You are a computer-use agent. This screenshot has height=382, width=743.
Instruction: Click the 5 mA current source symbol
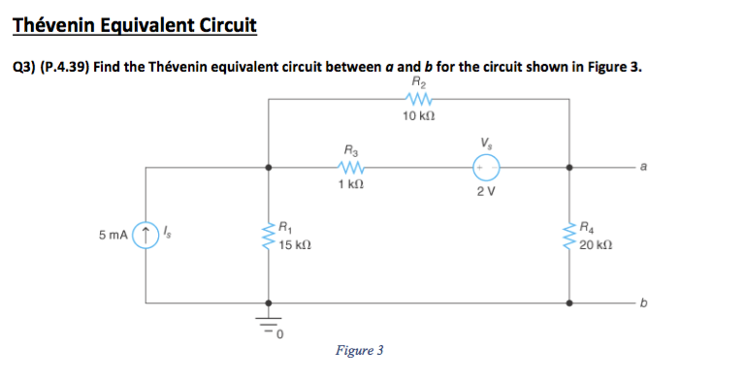point(145,236)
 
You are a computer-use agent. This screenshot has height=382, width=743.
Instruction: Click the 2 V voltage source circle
point(486,168)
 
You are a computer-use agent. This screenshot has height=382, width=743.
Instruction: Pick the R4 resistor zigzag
point(568,236)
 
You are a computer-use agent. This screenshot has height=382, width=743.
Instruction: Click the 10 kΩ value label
point(419,116)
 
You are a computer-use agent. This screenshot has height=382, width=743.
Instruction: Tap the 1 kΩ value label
point(351,184)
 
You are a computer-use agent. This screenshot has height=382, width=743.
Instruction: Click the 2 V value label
point(486,189)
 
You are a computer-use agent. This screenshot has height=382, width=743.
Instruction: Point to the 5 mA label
point(113,236)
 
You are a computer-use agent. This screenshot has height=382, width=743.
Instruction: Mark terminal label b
point(642,302)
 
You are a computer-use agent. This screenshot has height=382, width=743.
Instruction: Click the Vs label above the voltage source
point(485,145)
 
